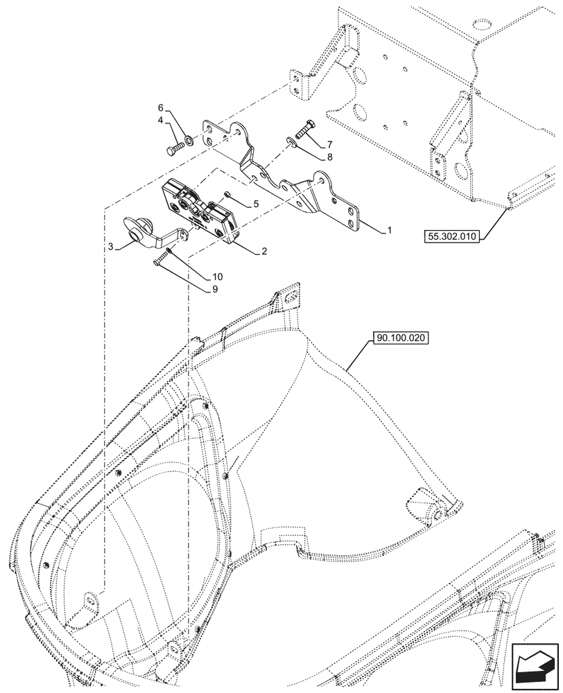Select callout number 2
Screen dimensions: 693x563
click(265, 253)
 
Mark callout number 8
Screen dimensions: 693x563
click(329, 157)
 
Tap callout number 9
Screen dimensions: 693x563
click(214, 290)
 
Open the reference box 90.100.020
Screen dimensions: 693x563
click(401, 339)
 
